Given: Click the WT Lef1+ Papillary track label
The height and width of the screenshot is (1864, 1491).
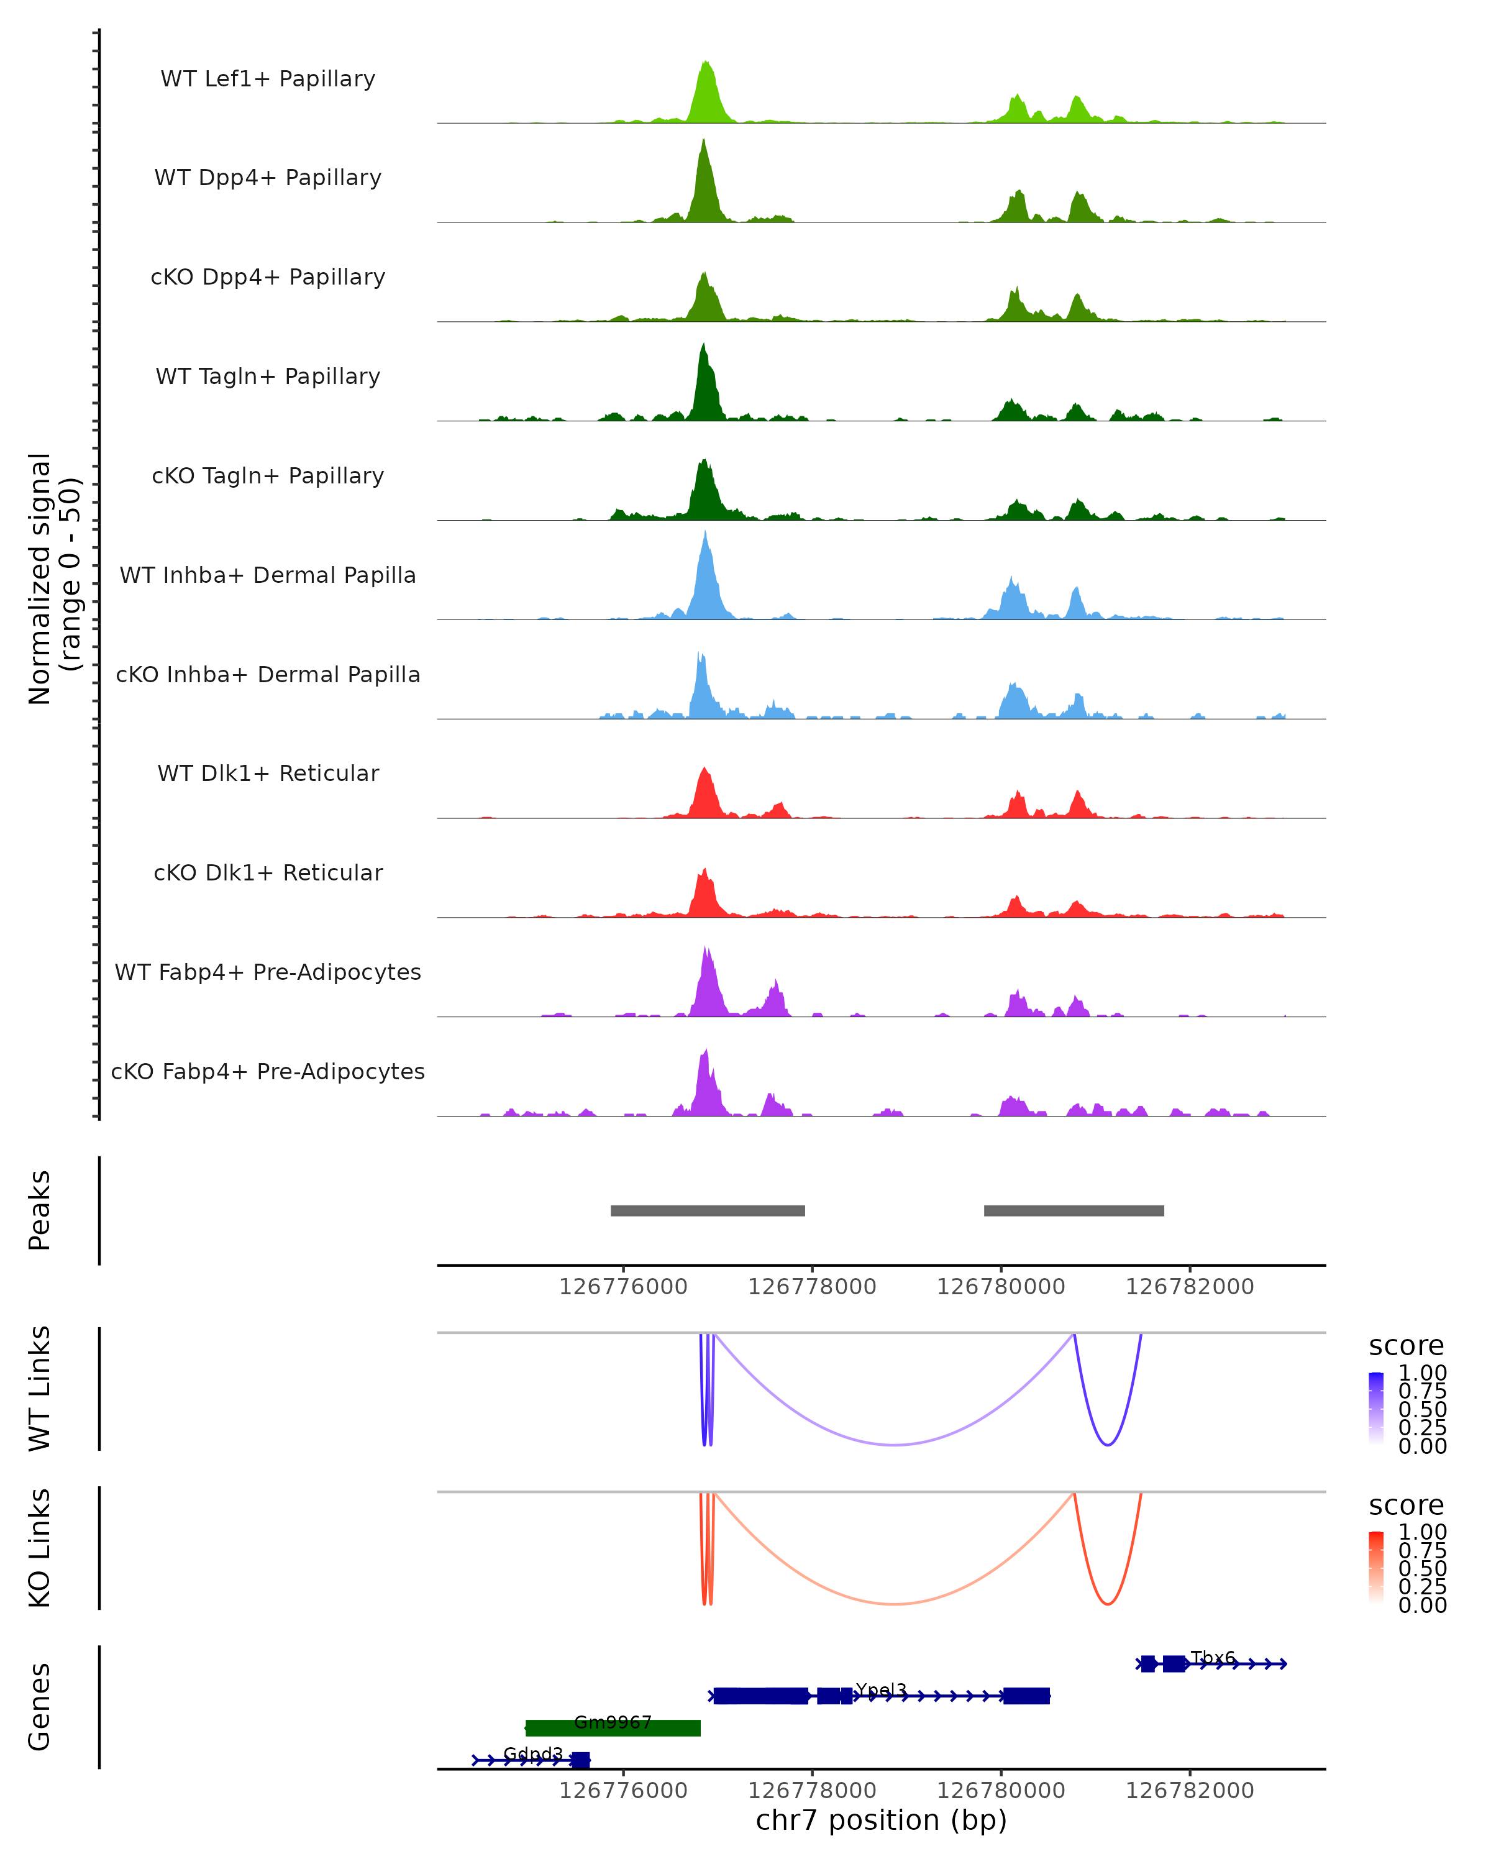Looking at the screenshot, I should [x=268, y=79].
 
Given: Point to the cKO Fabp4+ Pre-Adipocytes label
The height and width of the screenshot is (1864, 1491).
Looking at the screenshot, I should [x=268, y=1071].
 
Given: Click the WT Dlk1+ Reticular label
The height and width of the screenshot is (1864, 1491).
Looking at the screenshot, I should [x=268, y=773].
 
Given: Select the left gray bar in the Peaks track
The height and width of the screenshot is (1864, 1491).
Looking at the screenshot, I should [x=707, y=1210].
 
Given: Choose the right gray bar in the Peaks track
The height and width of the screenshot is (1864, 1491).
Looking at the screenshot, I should [x=1074, y=1210].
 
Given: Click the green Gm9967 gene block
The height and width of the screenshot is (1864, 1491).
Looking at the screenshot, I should [x=613, y=1727].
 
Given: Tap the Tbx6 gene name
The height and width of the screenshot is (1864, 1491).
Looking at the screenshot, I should [x=1213, y=1657].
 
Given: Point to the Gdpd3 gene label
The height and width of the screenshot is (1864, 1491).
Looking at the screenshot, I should [x=532, y=1753].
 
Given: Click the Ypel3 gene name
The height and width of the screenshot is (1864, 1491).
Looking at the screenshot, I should [x=881, y=1690].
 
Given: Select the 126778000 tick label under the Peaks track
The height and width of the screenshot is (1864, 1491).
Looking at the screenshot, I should [x=811, y=1287].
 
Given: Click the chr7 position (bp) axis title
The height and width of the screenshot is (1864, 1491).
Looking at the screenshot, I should [x=881, y=1820].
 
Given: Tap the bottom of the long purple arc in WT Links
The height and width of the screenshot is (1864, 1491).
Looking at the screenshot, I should [x=895, y=1445].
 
